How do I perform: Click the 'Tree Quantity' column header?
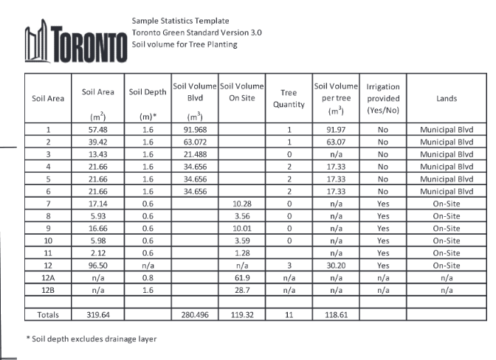coord(289,98)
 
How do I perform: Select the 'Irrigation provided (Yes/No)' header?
coord(382,98)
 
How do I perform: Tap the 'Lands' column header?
coord(446,98)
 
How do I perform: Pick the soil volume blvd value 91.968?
coord(195,130)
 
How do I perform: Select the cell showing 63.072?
coord(195,142)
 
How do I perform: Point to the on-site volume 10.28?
coord(242,203)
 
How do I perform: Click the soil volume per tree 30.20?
coord(336,264)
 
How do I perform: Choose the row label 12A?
coord(48,276)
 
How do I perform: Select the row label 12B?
coord(48,288)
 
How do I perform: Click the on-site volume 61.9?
coord(242,276)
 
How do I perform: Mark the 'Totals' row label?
coord(48,314)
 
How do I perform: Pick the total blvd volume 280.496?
coord(195,314)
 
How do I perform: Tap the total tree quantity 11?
coord(289,314)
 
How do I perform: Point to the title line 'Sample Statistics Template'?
coord(180,20)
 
